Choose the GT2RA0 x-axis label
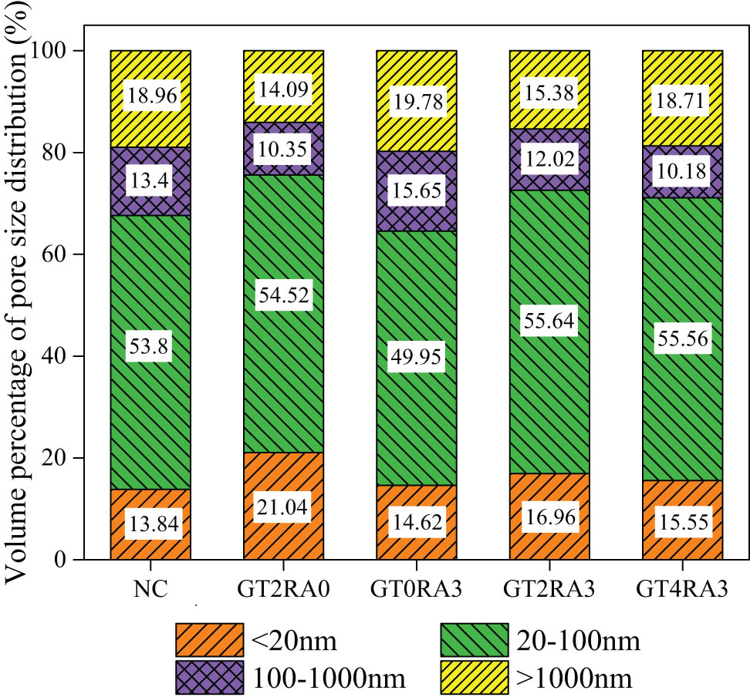(x=283, y=591)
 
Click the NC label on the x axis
(x=150, y=591)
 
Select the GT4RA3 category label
(x=683, y=591)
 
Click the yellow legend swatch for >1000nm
(x=473, y=677)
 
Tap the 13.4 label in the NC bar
(x=150, y=181)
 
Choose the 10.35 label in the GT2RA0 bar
(x=283, y=148)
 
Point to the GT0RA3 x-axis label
(x=417, y=591)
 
